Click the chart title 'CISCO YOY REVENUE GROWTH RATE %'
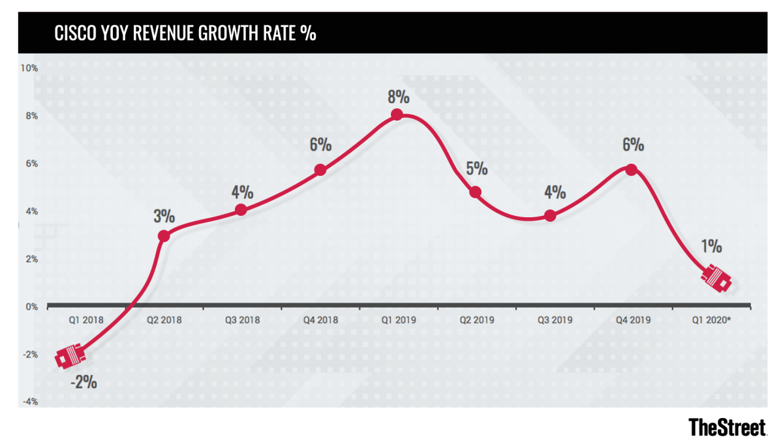coord(187,33)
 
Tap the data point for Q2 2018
coord(164,235)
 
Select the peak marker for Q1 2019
coord(397,115)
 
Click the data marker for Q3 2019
coord(550,215)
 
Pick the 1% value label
coord(711,246)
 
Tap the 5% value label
coord(476,168)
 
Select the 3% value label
coord(164,216)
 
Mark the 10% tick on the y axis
coord(29,68)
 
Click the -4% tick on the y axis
coord(29,402)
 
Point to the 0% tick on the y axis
coord(31,306)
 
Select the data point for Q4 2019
coord(631,170)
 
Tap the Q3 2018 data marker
coord(241,209)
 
